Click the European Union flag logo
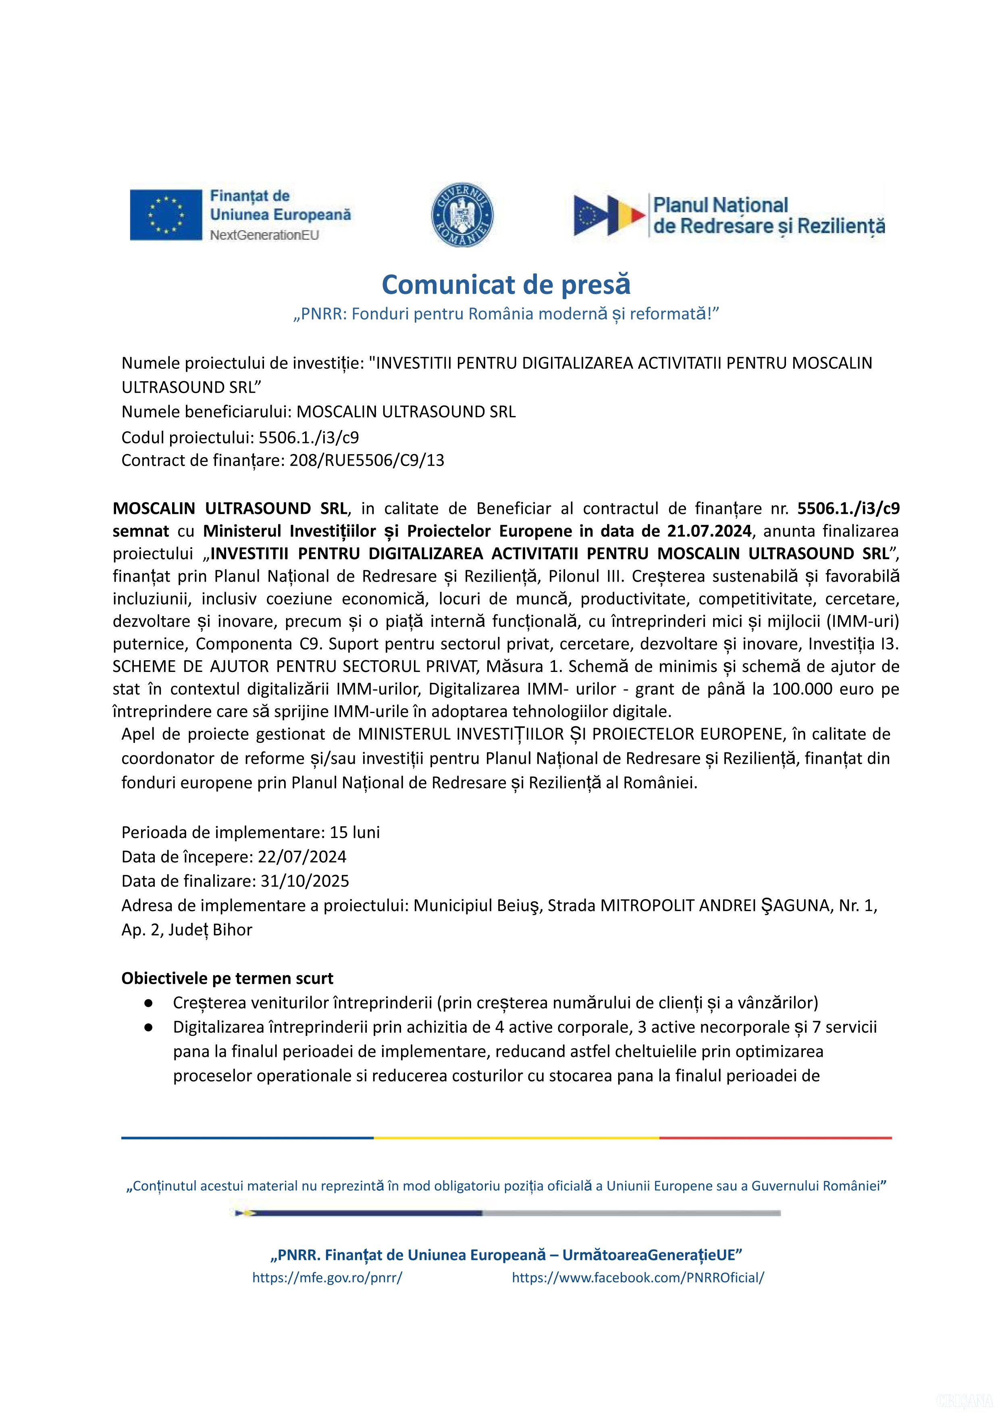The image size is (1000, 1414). (166, 214)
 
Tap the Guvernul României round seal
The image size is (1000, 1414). (462, 215)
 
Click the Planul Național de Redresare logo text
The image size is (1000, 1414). (769, 216)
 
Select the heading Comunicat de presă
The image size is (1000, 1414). (506, 285)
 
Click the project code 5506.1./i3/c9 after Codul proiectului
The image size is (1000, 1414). (308, 437)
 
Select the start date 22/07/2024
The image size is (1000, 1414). (302, 857)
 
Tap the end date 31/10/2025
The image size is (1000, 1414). (305, 881)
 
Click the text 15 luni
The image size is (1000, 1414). (355, 832)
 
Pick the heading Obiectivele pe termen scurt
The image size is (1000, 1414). (227, 978)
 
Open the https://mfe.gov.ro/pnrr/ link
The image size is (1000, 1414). (327, 1277)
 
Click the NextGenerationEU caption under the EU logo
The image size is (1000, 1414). (265, 235)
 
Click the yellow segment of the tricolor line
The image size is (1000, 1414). (516, 1137)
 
